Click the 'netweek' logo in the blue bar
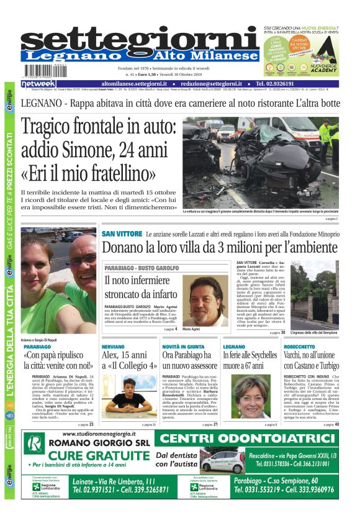coord(38,83)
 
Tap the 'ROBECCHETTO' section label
coord(299,345)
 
